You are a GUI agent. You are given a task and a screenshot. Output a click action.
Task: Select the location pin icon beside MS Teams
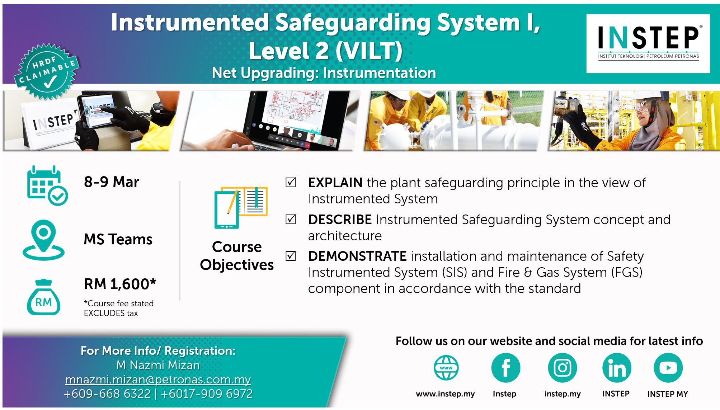[43, 240]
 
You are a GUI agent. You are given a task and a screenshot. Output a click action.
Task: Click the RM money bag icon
[43, 297]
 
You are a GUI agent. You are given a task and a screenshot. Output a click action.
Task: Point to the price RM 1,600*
[120, 284]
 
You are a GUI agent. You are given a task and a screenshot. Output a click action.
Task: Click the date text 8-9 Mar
[112, 182]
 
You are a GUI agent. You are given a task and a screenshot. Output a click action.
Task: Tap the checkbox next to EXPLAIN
[291, 182]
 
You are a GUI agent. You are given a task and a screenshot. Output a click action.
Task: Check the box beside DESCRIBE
[291, 219]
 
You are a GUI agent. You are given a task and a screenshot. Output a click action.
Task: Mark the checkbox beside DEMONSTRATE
[291, 256]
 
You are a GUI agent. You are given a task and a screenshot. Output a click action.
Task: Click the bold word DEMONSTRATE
[357, 256]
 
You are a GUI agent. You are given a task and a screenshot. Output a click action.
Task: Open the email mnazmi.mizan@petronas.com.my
[158, 379]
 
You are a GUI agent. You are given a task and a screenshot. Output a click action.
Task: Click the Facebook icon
[505, 368]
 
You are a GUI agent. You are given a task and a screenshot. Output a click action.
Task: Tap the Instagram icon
[562, 368]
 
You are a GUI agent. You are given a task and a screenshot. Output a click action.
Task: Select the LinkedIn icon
[617, 368]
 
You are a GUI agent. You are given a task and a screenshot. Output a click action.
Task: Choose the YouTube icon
[668, 368]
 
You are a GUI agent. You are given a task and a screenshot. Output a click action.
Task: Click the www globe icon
[446, 368]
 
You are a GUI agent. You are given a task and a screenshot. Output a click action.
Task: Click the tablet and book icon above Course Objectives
[241, 207]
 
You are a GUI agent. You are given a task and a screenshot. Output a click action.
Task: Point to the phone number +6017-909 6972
[207, 393]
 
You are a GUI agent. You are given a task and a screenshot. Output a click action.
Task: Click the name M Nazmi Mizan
[158, 365]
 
